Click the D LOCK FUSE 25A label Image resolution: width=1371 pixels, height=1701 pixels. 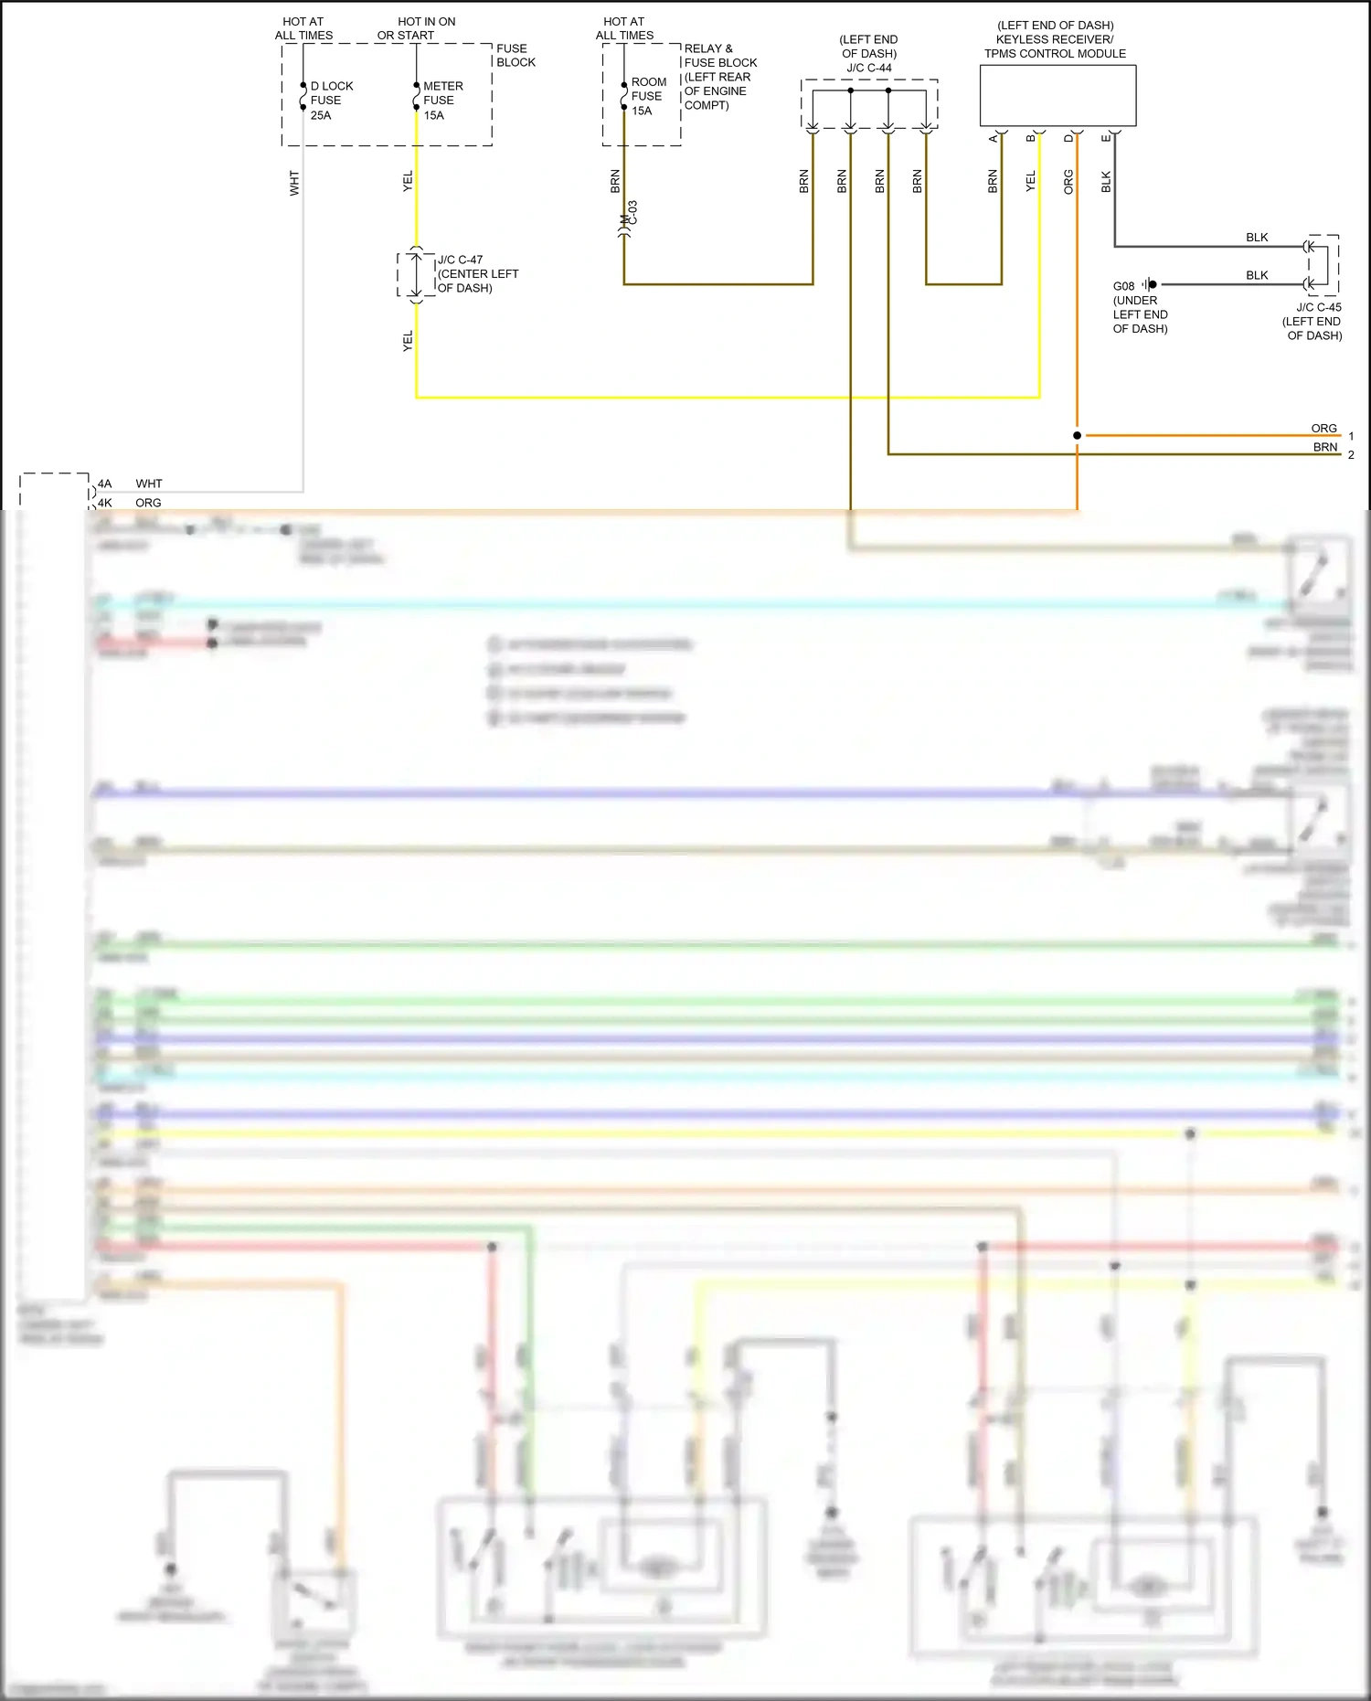(331, 101)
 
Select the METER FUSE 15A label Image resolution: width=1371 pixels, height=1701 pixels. (442, 101)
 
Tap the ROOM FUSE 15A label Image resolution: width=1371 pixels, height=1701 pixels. (648, 96)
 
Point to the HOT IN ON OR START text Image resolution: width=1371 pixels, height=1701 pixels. (416, 28)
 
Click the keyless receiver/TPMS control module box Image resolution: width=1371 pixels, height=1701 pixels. (1057, 95)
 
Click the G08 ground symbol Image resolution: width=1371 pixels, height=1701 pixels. (1149, 285)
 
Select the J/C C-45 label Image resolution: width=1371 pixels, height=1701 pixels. (1318, 308)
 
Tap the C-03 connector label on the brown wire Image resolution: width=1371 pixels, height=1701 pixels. (632, 213)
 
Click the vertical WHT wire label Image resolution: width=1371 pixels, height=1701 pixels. (294, 183)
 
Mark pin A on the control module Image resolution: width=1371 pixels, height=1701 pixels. (994, 138)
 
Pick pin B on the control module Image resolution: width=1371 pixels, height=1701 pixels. (1031, 138)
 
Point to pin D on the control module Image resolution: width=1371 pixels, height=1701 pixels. (1068, 138)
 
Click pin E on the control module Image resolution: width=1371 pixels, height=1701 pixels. (1106, 138)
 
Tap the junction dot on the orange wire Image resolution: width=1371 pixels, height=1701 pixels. (1077, 435)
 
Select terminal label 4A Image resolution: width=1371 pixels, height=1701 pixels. (105, 484)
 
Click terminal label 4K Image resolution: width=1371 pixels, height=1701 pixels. (105, 503)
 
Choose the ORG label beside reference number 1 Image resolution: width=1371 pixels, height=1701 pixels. (1323, 428)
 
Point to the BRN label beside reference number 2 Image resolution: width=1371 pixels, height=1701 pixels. (1325, 447)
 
